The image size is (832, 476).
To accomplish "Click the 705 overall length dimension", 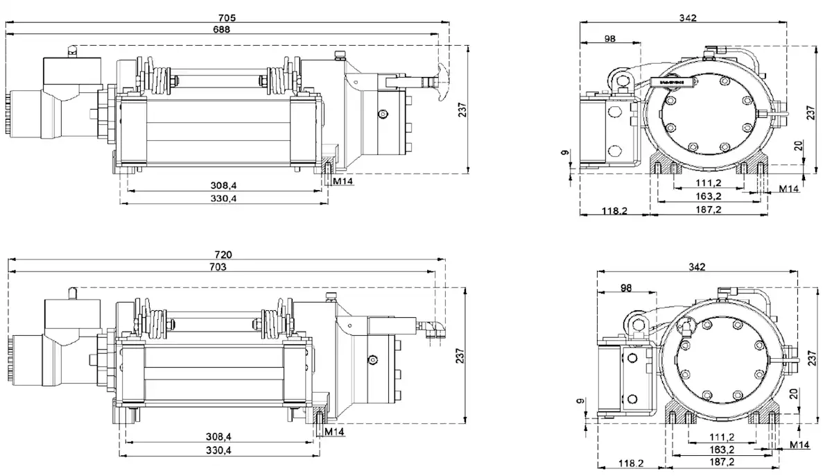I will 227,17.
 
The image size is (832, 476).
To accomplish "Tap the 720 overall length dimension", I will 223,255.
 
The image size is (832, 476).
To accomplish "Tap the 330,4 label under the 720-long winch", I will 218,451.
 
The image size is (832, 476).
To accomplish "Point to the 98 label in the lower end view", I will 627,287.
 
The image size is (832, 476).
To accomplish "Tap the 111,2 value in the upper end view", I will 708,182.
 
